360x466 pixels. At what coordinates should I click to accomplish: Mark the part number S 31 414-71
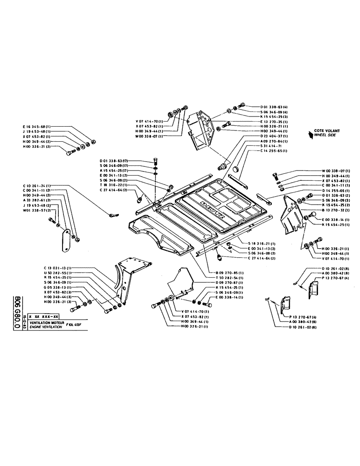(256, 146)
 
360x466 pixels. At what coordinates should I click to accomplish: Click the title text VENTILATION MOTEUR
(46, 322)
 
